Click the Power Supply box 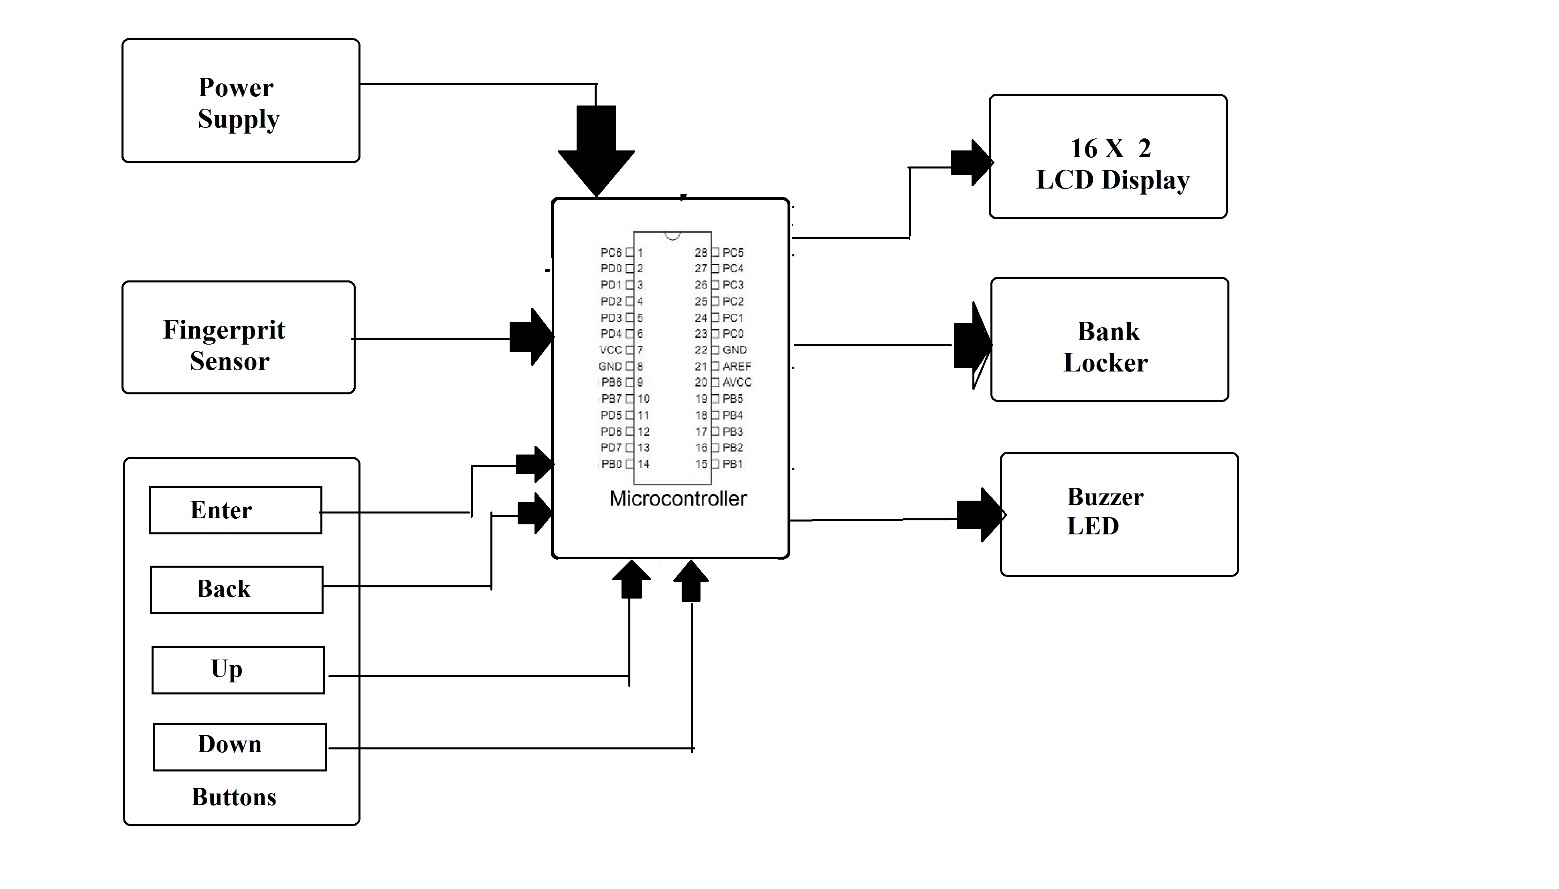(x=241, y=101)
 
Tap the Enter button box (x=235, y=510)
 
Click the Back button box (x=236, y=589)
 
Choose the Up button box (x=238, y=670)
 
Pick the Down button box (x=239, y=746)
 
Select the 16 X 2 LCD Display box (x=1107, y=156)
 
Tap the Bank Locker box (x=1109, y=339)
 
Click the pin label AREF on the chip (x=737, y=366)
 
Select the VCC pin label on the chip (x=610, y=350)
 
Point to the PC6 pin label (x=610, y=252)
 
